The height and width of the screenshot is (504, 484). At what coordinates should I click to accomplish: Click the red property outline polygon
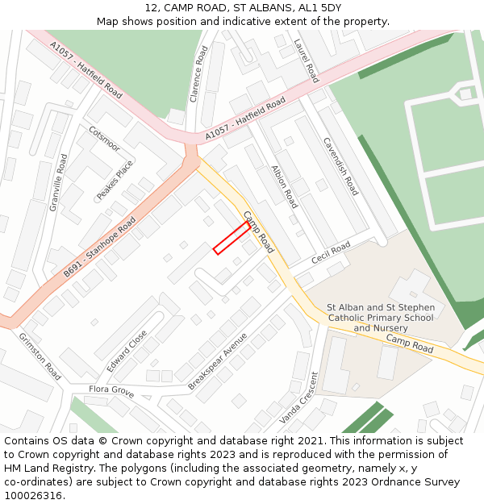tap(232, 238)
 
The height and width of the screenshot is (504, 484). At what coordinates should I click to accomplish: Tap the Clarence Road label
tap(198, 73)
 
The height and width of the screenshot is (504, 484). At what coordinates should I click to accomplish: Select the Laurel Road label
tap(307, 60)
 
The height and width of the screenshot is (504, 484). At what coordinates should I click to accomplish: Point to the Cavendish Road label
tap(340, 166)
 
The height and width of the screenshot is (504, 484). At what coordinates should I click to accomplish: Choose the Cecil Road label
tap(331, 253)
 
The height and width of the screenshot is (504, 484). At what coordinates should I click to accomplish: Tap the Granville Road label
tap(59, 183)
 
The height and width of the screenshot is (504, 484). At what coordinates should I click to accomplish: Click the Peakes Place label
tap(115, 180)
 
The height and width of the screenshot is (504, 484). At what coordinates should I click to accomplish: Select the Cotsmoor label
tap(105, 139)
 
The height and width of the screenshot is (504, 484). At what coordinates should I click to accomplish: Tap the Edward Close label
tap(127, 350)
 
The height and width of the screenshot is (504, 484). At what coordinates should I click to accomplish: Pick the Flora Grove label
tap(111, 390)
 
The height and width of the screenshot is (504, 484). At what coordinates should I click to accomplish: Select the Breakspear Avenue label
tap(217, 362)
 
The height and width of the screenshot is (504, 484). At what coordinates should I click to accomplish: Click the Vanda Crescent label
tap(299, 398)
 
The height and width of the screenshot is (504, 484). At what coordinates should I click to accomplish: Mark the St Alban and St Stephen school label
tap(381, 318)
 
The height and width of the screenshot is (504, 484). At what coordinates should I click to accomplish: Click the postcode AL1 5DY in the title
tap(319, 7)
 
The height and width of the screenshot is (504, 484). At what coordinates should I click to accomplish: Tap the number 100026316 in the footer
tap(33, 495)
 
